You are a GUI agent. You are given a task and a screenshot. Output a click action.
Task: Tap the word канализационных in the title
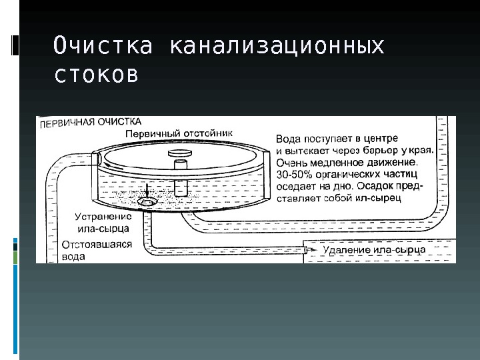tap(277, 47)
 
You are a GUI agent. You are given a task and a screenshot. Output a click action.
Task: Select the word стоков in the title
tap(96, 75)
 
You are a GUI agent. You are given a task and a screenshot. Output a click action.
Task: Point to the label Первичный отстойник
tap(179, 133)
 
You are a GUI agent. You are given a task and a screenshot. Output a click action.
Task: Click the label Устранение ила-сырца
tap(102, 223)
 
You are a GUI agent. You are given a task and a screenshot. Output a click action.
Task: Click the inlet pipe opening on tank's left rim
tap(98, 159)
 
